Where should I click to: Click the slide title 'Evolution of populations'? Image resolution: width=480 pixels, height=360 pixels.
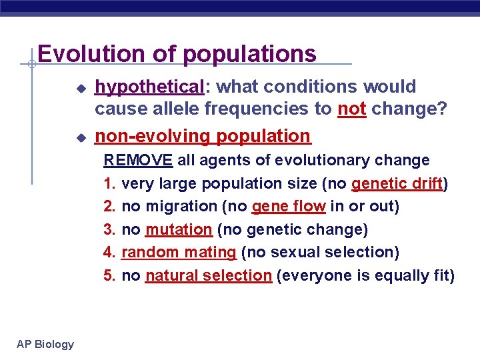[x=177, y=53]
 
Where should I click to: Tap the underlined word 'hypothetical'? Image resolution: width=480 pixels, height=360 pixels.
[x=149, y=87]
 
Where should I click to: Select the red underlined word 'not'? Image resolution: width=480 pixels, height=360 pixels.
[x=351, y=109]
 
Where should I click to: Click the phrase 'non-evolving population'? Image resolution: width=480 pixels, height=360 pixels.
[x=203, y=136]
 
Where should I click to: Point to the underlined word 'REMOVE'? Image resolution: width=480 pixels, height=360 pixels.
[x=138, y=161]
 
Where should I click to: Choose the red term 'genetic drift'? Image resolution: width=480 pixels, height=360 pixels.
[x=397, y=183]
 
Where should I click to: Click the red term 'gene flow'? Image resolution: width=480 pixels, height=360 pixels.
[x=289, y=207]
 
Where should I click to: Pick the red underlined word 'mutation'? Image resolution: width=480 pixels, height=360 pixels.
[x=178, y=229]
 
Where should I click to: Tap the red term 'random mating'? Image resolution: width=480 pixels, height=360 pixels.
[x=179, y=252]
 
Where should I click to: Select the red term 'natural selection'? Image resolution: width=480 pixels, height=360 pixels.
[x=208, y=275]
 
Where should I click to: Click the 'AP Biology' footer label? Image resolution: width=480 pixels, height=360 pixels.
[x=45, y=344]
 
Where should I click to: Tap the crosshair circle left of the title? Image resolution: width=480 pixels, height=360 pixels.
[x=31, y=64]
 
